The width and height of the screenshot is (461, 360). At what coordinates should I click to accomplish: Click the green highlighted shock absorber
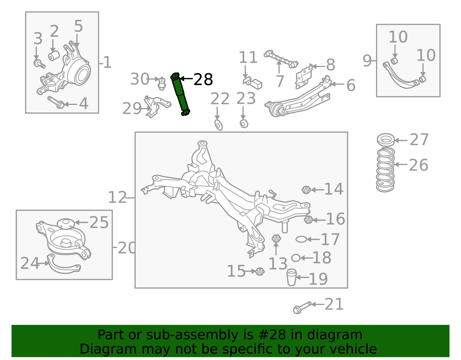pos(180,95)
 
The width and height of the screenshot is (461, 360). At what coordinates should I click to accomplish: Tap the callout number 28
pos(203,80)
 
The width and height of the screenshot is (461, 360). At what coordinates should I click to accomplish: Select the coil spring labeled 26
pos(385,170)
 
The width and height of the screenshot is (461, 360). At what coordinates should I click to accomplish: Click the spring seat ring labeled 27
pos(386,140)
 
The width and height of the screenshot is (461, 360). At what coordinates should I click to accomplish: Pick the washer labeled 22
pos(218,125)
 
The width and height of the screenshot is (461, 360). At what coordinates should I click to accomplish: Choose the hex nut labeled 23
pos(244,123)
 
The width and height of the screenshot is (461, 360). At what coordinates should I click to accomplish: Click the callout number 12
pos(117,197)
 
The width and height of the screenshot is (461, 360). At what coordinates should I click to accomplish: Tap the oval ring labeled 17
pos(301,240)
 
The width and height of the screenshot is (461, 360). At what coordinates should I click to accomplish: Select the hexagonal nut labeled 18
pos(296,258)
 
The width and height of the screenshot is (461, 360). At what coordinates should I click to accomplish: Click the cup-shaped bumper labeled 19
pos(292,277)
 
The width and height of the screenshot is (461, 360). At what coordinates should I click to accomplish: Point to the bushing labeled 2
pos(54,56)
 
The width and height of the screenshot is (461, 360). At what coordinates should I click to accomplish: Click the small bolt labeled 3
pos(39,64)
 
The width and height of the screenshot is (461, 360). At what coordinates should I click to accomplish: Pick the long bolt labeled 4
pos(56,102)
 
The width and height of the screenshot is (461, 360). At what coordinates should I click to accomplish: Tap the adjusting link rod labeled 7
pos(281,59)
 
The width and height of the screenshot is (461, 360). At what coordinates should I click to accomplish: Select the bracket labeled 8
pos(304,76)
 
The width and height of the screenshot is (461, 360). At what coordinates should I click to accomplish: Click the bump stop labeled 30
pos(162,84)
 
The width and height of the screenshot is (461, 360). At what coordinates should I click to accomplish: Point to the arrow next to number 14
pos(317,189)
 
